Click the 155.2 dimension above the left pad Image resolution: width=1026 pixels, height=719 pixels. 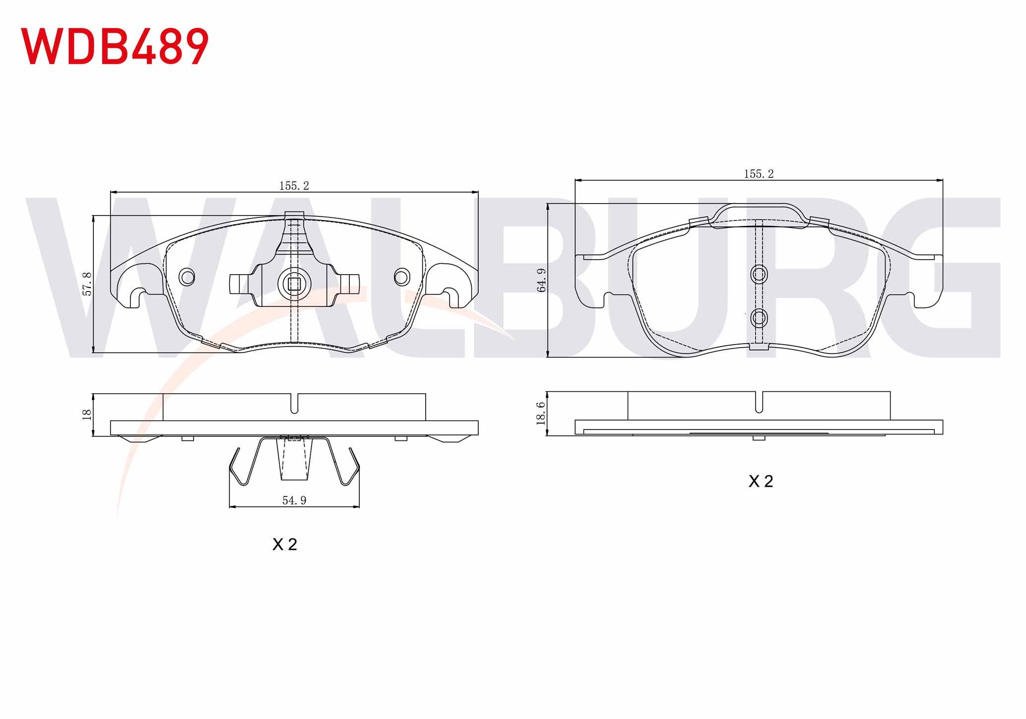[294, 186]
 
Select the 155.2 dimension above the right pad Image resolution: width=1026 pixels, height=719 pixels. [759, 174]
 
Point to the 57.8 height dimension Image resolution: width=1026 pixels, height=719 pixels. [87, 284]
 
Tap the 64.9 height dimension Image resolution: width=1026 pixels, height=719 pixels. [541, 280]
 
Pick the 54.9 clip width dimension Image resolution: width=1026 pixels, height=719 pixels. [294, 501]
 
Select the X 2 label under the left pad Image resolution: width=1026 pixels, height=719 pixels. [285, 544]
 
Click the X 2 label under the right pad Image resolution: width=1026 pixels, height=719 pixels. [761, 481]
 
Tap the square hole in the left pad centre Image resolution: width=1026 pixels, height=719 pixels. [294, 284]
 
